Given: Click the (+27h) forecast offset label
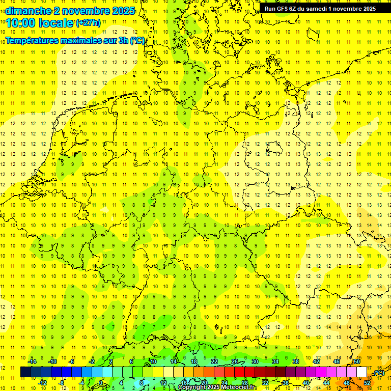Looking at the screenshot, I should click(88, 23).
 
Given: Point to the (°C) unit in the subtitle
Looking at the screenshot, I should click(137, 41).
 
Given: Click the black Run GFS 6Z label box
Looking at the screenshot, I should click(320, 8).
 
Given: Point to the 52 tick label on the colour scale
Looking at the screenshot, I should click(367, 383).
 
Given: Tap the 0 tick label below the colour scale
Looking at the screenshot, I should click(101, 383).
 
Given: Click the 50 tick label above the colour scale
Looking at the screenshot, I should click(356, 361).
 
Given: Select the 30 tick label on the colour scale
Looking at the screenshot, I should click(255, 361).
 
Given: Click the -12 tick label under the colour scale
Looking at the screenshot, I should click(42, 383).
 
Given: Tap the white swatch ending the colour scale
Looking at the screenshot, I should click(362, 372).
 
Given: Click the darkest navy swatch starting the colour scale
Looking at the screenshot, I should click(25, 372).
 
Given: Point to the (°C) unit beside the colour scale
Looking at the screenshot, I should click(378, 373).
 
